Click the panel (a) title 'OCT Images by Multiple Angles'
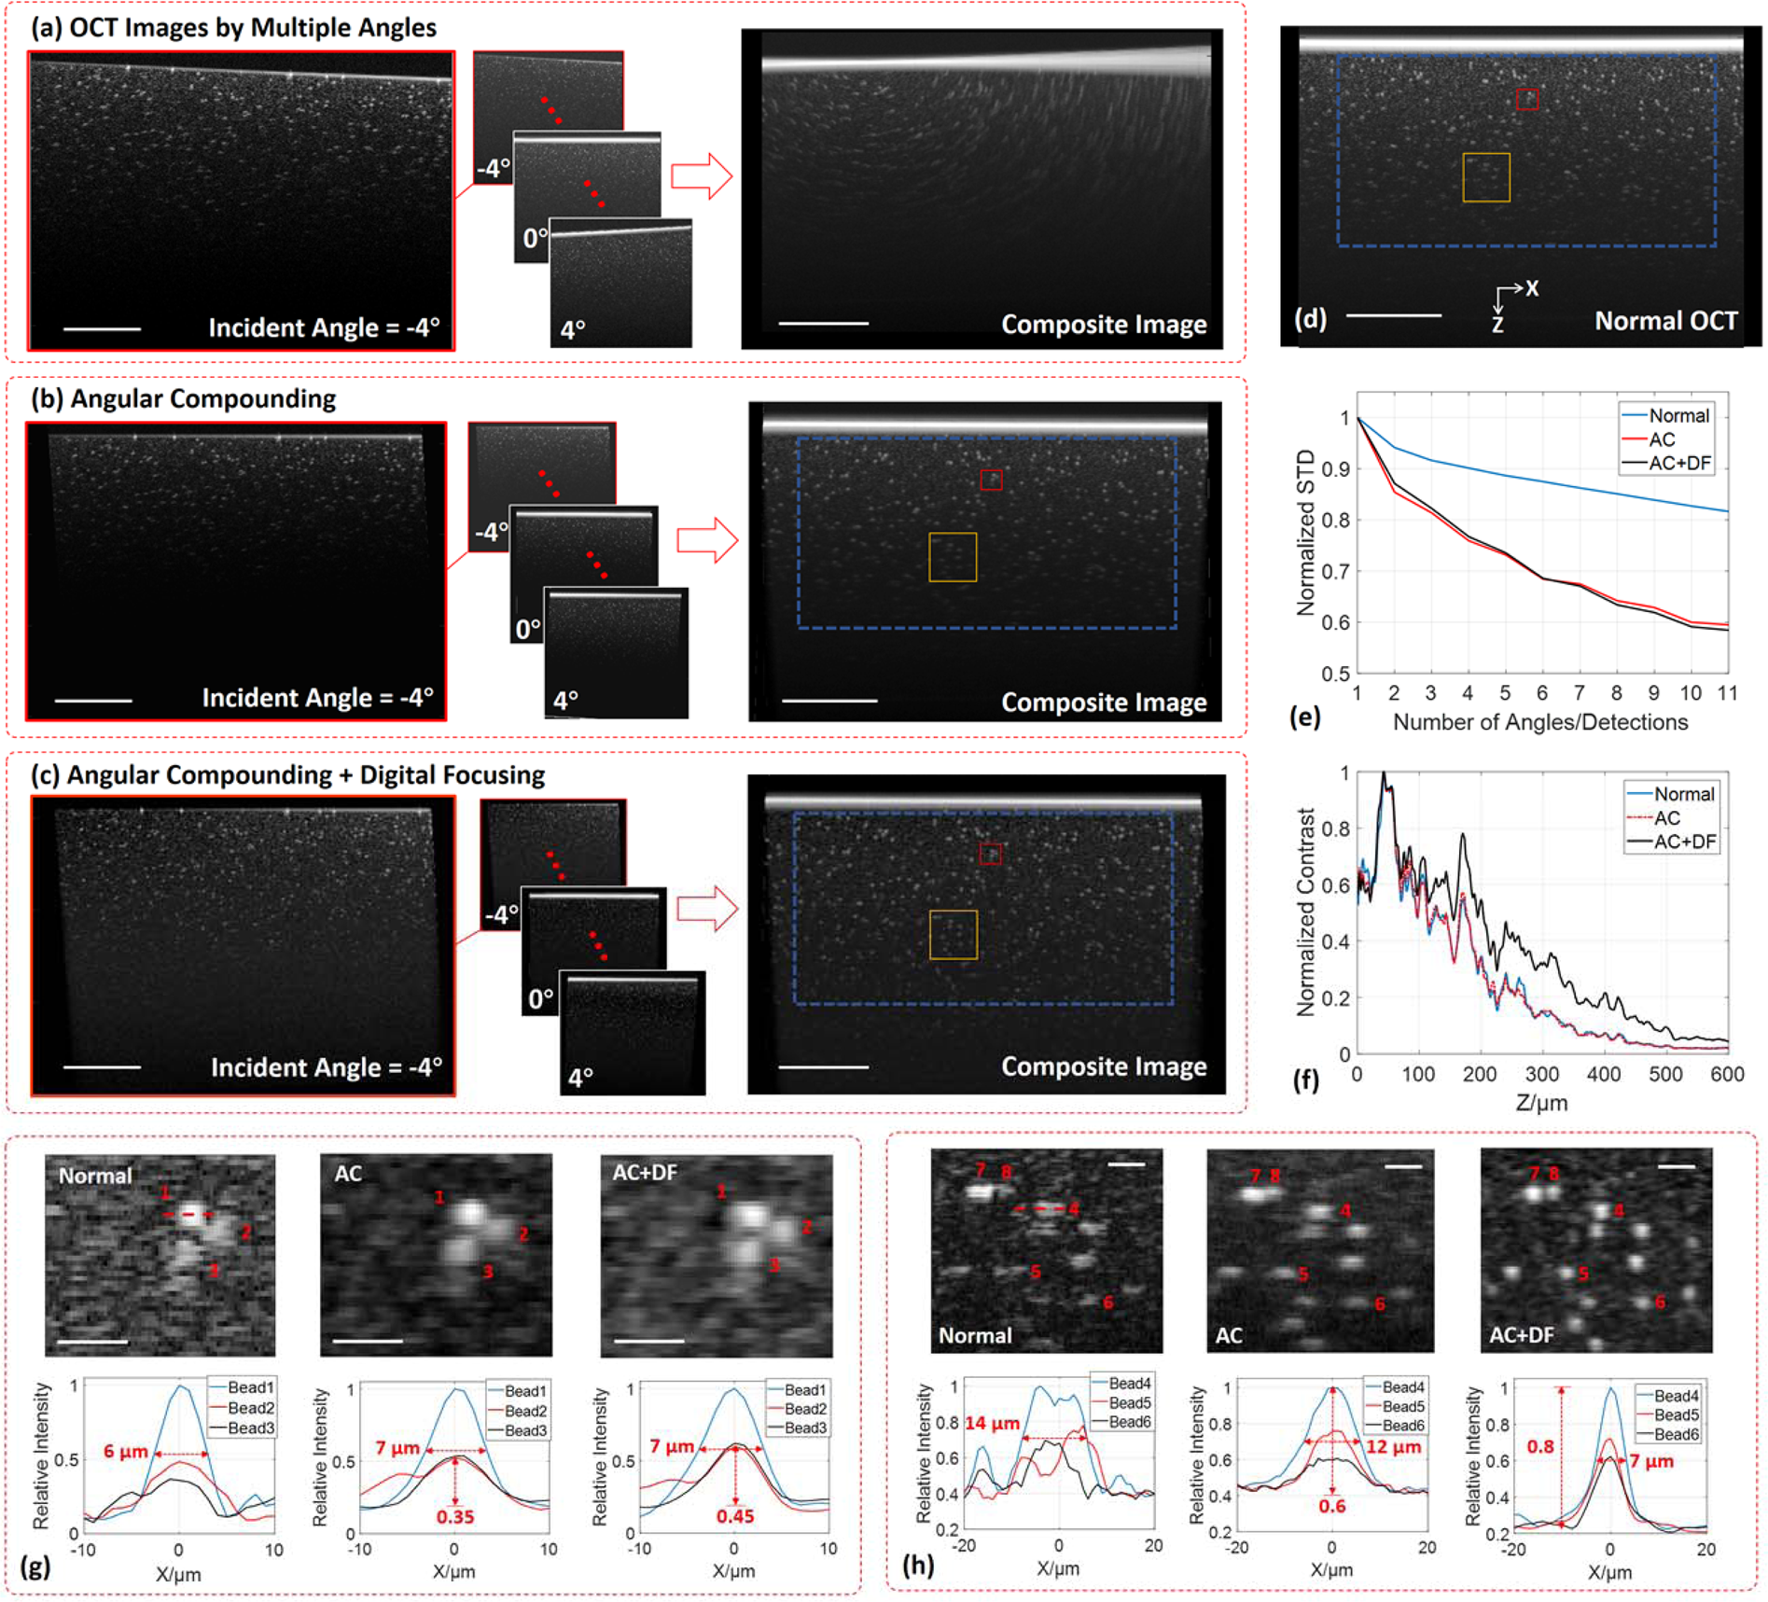[x=253, y=27]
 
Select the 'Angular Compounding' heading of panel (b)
[x=203, y=398]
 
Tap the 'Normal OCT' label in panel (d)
[x=1665, y=321]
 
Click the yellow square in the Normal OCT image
[x=1485, y=177]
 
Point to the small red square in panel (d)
[x=1526, y=99]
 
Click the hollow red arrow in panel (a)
[x=702, y=175]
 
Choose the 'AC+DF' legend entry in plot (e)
[x=1679, y=463]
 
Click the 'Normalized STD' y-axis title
[x=1306, y=532]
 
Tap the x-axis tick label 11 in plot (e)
[x=1727, y=693]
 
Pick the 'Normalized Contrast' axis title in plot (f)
[x=1306, y=912]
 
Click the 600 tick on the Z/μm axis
[x=1727, y=1074]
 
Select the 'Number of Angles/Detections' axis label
[x=1540, y=722]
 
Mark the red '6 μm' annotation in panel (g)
[x=126, y=1452]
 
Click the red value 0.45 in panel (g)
[x=735, y=1516]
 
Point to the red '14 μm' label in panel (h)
[x=992, y=1424]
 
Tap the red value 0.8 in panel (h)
[x=1540, y=1447]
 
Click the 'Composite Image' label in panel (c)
[x=1104, y=1066]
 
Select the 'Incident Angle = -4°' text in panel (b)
[x=317, y=698]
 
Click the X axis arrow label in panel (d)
[x=1531, y=288]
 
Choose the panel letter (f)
[x=1306, y=1080]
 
